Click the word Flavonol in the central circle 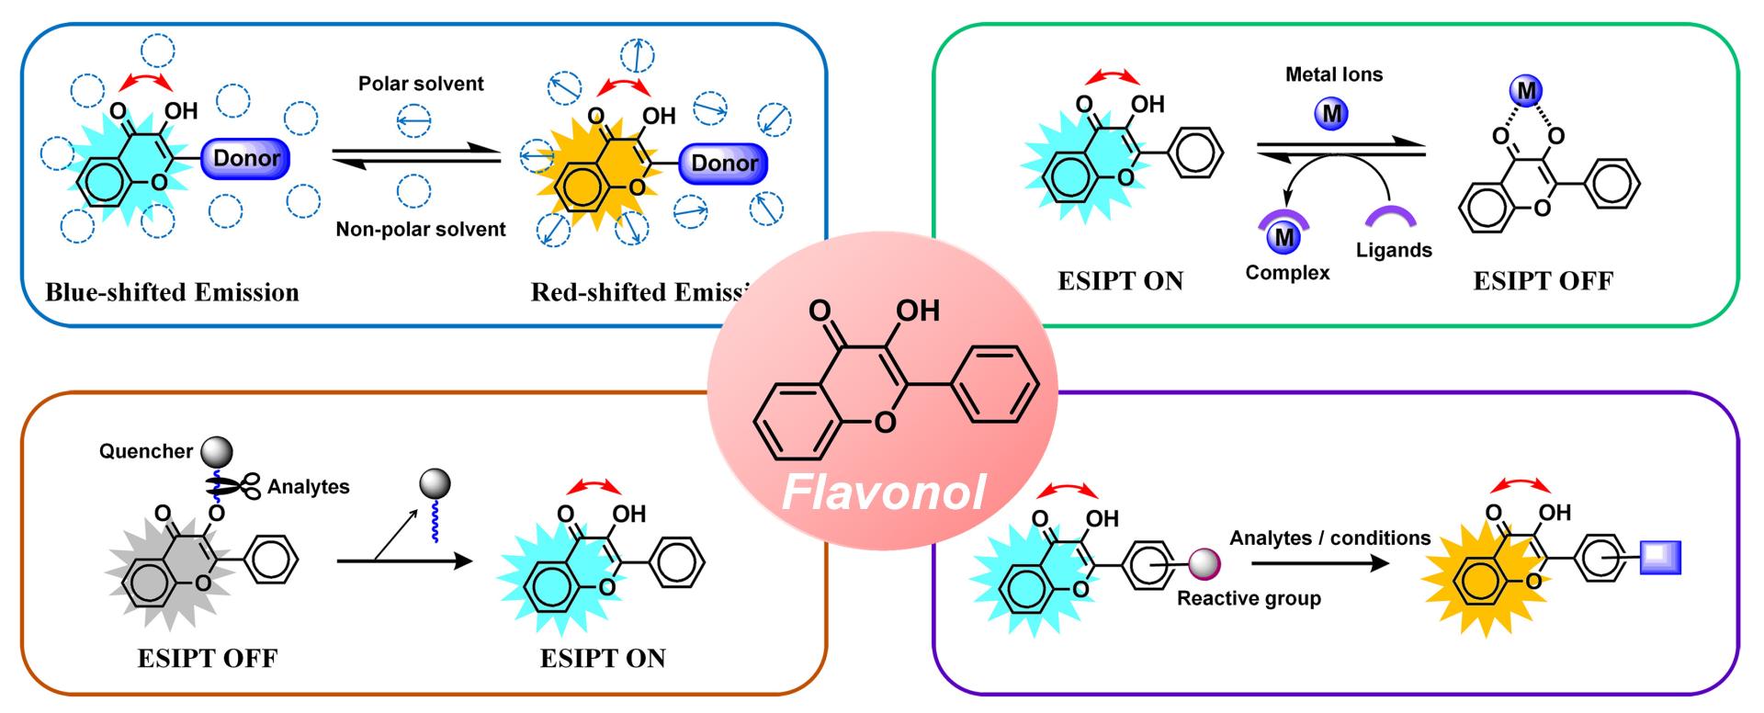pos(883,492)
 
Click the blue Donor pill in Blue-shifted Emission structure pos(246,158)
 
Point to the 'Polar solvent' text pos(421,84)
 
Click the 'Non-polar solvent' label pos(420,229)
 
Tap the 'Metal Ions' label pos(1334,74)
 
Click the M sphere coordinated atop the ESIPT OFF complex pos(1527,90)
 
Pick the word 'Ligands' pos(1394,250)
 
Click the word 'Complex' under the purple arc pos(1287,273)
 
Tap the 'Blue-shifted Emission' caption pos(173,292)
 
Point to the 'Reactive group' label pos(1249,598)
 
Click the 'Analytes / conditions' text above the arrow pos(1329,538)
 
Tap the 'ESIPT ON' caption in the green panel pos(1120,281)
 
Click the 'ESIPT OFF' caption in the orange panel pos(207,658)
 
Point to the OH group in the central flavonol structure pos(916,311)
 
